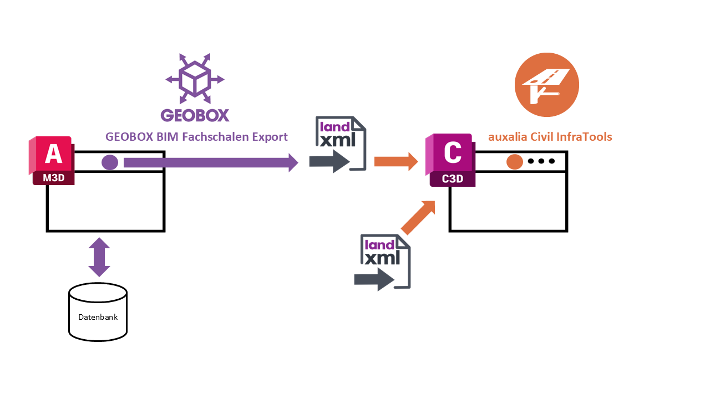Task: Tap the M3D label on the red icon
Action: [53, 178]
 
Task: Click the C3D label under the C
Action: [453, 179]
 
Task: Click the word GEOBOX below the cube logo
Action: [195, 115]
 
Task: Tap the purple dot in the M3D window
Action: [110, 162]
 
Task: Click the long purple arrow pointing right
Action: [211, 162]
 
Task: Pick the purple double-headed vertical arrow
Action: [99, 257]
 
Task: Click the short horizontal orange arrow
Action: [395, 162]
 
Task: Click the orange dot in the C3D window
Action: [515, 162]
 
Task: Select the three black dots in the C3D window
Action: [541, 161]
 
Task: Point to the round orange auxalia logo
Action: [547, 85]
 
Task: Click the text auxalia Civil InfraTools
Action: [550, 137]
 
